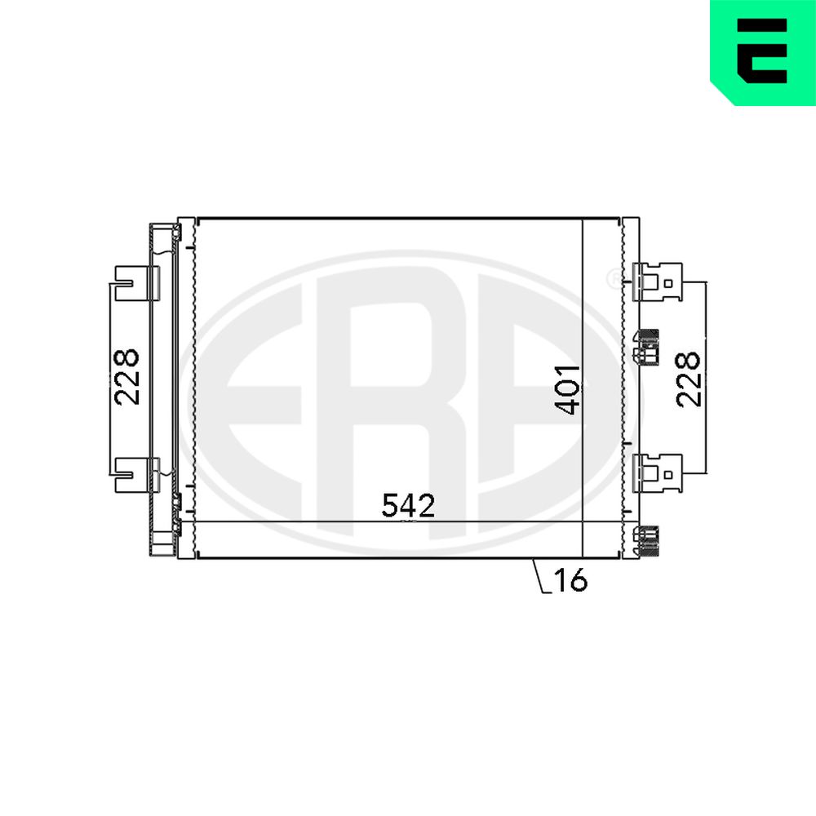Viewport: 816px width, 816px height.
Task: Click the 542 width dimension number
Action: (408, 505)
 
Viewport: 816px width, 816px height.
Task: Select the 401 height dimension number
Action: (568, 390)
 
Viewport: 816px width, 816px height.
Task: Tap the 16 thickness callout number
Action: (570, 579)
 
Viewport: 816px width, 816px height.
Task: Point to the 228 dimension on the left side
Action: (127, 377)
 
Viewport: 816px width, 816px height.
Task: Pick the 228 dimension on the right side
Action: (688, 379)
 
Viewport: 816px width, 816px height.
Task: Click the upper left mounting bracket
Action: (136, 283)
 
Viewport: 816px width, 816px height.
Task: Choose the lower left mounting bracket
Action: (136, 475)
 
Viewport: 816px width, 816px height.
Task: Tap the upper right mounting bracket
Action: (657, 282)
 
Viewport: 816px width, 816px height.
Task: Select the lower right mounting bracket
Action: (657, 473)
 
